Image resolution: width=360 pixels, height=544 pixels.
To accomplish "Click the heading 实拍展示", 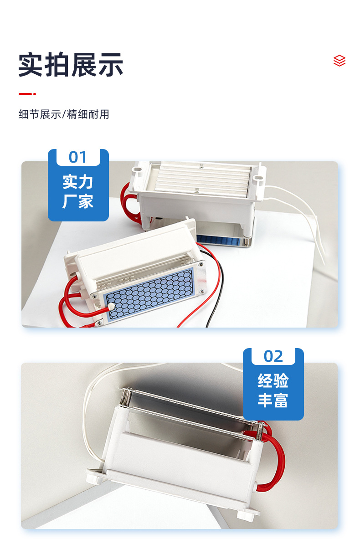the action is [x=71, y=65].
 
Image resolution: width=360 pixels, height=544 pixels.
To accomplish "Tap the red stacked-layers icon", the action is [x=339, y=61].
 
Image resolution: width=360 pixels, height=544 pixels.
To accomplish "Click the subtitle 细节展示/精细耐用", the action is [x=64, y=114].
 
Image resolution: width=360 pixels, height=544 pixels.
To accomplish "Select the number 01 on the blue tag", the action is [x=78, y=157].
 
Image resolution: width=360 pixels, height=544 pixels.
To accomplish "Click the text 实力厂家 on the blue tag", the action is [x=78, y=191].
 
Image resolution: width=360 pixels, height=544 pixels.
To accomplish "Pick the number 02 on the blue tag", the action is [x=273, y=356].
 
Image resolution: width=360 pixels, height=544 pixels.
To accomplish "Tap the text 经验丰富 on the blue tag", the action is [x=273, y=390].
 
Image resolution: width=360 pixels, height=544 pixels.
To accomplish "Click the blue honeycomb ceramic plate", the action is [x=149, y=294].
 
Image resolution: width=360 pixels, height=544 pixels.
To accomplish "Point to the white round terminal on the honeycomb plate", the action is [x=112, y=306].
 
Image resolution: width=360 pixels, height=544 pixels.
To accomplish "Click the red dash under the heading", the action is [x=27, y=94].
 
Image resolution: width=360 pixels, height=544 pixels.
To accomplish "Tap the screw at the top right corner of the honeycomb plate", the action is [x=201, y=265].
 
